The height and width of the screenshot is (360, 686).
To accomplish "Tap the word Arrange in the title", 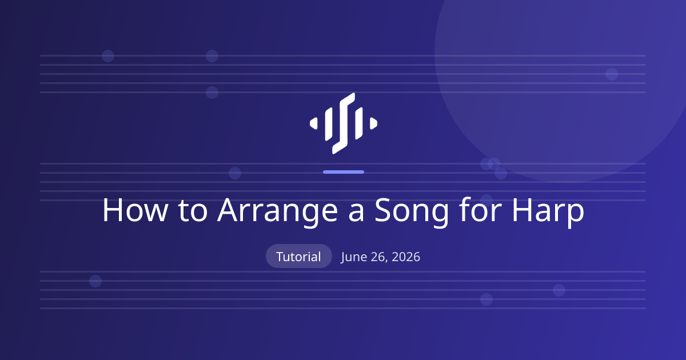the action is [x=277, y=211].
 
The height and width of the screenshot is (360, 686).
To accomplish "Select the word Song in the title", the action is [x=412, y=211].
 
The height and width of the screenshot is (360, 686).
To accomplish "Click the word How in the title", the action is [x=135, y=210].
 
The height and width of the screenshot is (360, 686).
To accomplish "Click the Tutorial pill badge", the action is [x=298, y=256].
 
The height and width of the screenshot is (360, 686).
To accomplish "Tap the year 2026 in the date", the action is [x=406, y=257].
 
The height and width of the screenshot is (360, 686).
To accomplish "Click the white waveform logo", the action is [x=344, y=123].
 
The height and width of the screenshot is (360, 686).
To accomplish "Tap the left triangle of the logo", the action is [x=313, y=123].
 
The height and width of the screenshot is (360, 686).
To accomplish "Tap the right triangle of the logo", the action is [x=373, y=123].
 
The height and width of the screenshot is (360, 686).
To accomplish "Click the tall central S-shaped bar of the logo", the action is [x=344, y=123].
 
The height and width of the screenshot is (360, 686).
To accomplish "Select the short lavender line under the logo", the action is [x=344, y=172].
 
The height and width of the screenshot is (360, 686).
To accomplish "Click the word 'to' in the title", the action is [x=193, y=211].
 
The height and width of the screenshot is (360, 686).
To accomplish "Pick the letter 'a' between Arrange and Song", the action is [x=357, y=213].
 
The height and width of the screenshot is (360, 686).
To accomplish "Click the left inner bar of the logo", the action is [x=329, y=124].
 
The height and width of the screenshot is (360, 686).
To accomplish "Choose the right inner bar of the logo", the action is [x=358, y=123].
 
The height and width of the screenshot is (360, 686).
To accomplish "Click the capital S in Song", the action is [x=384, y=210].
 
